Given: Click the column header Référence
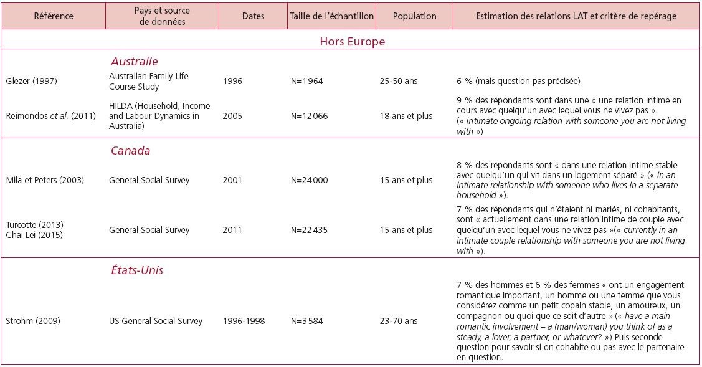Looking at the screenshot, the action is (54, 16).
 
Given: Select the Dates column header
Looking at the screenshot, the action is (253, 16).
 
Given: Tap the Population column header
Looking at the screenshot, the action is (415, 16).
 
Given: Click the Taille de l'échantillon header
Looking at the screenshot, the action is (331, 16).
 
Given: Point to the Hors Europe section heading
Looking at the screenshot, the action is (353, 42).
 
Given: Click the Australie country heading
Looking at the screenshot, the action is (135, 62).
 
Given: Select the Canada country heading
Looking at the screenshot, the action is (130, 151).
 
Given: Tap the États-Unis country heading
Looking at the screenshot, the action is (137, 270).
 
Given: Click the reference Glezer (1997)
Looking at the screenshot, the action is (31, 81).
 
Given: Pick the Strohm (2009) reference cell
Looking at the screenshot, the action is (32, 321).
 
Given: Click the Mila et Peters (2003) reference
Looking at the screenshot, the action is (45, 180).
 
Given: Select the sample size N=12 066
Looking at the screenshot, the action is (309, 116).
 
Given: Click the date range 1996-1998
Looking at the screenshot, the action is (244, 321).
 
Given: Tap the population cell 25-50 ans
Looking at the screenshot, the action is (399, 81).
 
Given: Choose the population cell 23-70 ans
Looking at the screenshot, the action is (399, 321).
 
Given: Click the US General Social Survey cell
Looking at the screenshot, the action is (156, 321).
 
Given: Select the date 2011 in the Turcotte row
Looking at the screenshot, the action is (232, 230).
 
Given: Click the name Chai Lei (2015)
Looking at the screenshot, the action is (34, 235).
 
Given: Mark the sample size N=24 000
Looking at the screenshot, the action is (309, 180).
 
